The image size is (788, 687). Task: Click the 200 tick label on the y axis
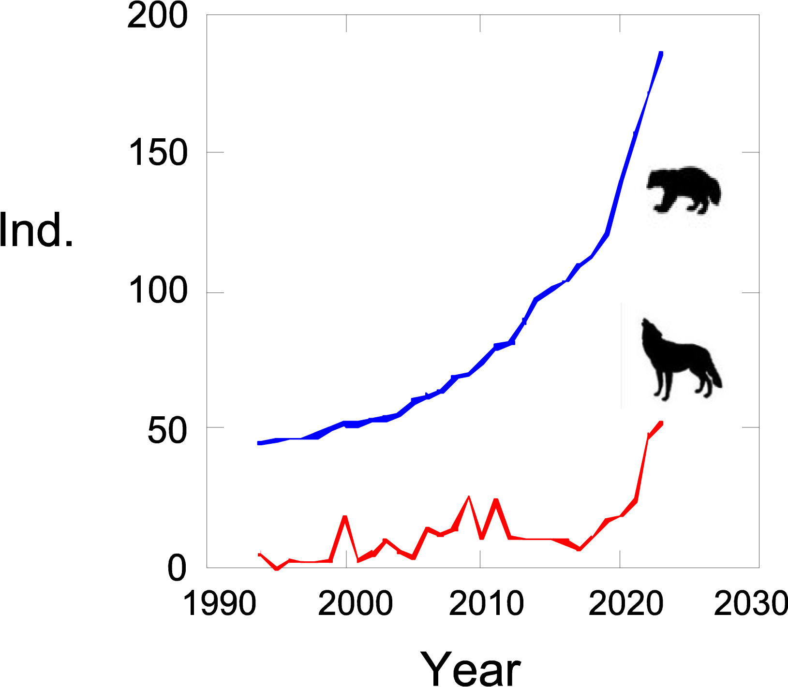pos(157,16)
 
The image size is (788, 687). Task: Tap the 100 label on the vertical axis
pos(157,292)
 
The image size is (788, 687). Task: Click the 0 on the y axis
pos(177,569)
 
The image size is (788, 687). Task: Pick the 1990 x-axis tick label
pos(219,603)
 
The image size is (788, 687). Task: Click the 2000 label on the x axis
pos(355,603)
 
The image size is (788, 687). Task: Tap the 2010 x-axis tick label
pos(486,603)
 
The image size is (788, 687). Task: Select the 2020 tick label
pos(625,603)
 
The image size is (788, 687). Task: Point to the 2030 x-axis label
pos(751,603)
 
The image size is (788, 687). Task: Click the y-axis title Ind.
pos(36,231)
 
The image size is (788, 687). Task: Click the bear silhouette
pos(683,190)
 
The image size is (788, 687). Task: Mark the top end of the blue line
pos(661,53)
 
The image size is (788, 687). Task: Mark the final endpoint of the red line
pos(661,424)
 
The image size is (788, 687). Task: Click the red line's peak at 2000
pos(345,517)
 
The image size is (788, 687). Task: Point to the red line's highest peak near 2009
pos(468,497)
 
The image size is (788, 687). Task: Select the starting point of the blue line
pos(259,443)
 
